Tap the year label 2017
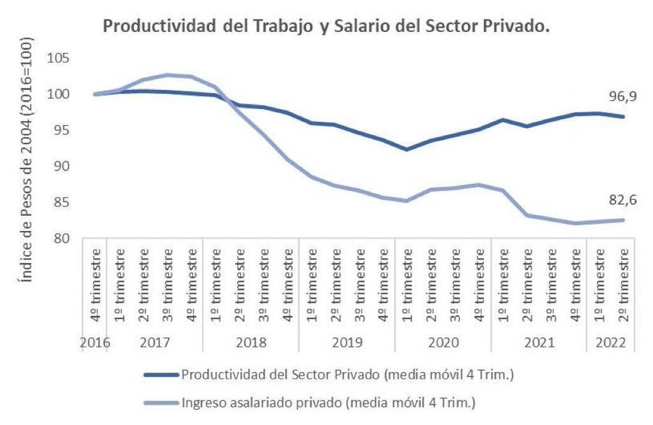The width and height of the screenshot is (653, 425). click(x=155, y=341)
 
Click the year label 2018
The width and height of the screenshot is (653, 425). click(x=250, y=341)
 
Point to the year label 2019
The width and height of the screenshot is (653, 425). click(x=347, y=341)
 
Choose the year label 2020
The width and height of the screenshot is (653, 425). click(x=443, y=341)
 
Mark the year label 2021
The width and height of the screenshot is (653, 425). click(x=538, y=341)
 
